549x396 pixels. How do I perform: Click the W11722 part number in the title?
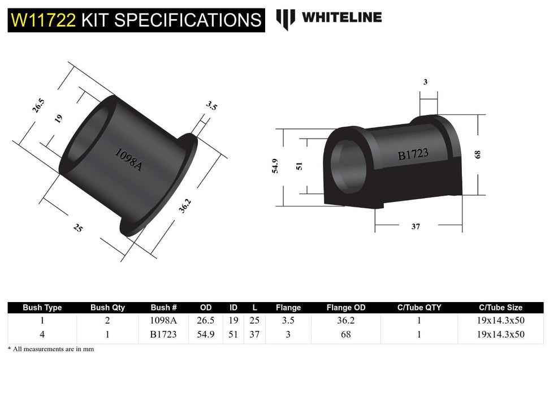[44, 20]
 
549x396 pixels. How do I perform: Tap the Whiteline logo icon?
[286, 19]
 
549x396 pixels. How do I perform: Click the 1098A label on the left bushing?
[128, 160]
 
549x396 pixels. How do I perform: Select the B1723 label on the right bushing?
[413, 154]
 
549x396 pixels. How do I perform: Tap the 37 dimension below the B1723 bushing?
[416, 226]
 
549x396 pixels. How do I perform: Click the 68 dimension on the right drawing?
[478, 154]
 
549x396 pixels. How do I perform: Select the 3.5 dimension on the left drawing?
[211, 106]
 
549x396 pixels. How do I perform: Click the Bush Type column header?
[42, 308]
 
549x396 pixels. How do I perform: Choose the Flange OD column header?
[346, 308]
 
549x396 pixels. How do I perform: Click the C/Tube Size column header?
[500, 308]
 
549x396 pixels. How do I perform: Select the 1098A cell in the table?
[164, 320]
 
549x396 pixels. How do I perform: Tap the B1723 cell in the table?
[164, 334]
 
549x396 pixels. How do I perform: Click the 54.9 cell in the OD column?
[206, 334]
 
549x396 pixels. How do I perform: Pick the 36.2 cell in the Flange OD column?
[346, 320]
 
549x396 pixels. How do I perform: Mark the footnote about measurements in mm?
[51, 349]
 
